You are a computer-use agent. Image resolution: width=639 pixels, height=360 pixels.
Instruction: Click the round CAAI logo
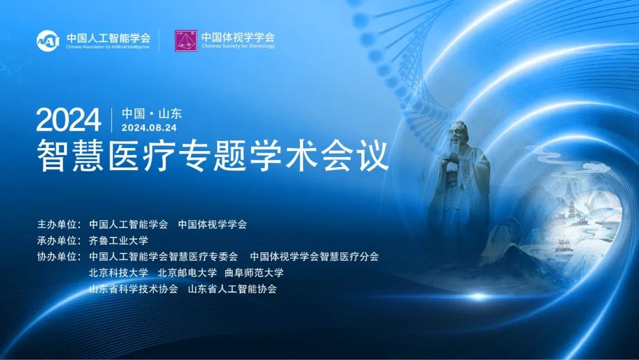point(48,41)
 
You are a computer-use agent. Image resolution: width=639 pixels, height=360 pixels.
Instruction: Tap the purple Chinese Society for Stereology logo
point(186,41)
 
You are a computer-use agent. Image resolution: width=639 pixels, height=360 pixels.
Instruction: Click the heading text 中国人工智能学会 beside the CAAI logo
point(108,38)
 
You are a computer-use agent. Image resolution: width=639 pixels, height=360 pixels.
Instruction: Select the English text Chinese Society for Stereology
point(238,46)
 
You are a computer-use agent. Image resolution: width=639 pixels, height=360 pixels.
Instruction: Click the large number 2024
point(69,120)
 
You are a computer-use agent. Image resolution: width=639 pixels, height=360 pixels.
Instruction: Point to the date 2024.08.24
point(149,128)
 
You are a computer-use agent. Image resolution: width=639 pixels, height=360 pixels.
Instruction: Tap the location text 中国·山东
point(151,113)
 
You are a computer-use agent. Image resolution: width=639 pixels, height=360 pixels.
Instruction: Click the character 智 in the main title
point(51,156)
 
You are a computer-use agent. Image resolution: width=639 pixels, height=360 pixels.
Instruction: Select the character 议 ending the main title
point(374,156)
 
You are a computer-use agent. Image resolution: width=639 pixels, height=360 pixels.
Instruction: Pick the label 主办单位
point(59,224)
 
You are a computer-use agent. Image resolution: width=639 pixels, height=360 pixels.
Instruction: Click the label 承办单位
point(59,240)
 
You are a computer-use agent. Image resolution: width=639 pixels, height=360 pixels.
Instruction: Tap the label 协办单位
point(59,256)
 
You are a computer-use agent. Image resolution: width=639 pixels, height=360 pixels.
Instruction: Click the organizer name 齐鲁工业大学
point(118,240)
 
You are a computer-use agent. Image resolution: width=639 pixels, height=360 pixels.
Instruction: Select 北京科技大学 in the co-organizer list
point(118,273)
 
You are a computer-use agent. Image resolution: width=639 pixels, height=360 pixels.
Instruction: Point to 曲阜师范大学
point(254,273)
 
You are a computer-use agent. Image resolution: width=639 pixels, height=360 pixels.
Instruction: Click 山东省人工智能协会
point(233,289)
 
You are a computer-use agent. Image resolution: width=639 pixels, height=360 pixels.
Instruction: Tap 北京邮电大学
point(187,273)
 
